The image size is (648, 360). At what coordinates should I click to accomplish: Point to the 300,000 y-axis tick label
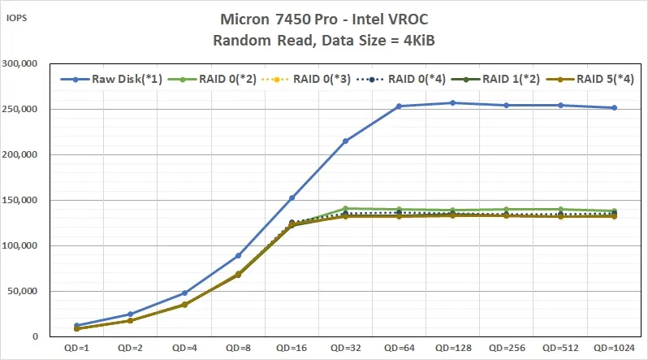(x=23, y=63)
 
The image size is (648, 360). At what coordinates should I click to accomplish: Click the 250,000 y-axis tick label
(x=23, y=109)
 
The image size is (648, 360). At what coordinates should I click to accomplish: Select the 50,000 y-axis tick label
(x=26, y=291)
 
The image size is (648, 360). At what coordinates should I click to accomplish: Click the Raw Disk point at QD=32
(x=345, y=141)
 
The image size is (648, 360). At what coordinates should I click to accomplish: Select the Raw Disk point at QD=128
(x=453, y=102)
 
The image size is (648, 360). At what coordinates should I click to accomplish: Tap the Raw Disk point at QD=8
(x=238, y=255)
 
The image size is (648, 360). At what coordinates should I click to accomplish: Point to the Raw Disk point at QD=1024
(x=614, y=107)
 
